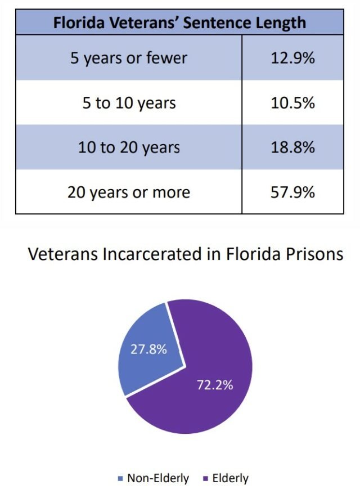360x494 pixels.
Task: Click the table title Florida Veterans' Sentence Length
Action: point(179,23)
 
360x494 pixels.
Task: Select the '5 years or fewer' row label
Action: point(129,58)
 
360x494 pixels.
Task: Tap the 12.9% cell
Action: point(292,58)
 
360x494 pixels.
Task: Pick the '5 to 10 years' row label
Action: point(129,103)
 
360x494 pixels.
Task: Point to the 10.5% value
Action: point(292,103)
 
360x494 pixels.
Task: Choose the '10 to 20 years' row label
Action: point(129,147)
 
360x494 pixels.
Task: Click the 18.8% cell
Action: point(292,147)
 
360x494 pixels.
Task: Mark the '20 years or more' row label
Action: point(129,192)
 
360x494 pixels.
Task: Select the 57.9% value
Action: point(292,192)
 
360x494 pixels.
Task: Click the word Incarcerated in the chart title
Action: point(150,254)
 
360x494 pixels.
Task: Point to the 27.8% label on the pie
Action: point(148,349)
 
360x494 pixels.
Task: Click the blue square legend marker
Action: point(120,479)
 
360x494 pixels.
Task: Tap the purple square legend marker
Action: point(205,479)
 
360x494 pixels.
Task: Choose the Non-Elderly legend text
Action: point(158,479)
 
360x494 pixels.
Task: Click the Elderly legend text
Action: point(231,479)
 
